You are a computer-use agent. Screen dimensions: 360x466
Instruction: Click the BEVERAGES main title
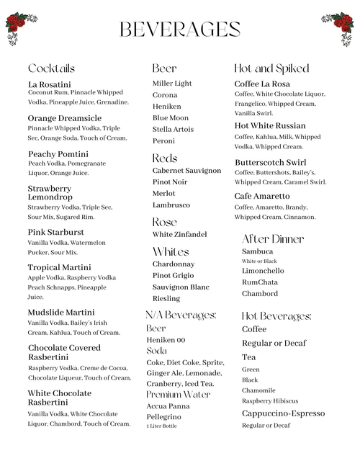(x=179, y=30)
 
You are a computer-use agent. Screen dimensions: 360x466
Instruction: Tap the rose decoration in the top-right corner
(x=338, y=27)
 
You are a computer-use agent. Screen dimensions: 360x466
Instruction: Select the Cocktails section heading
(x=51, y=68)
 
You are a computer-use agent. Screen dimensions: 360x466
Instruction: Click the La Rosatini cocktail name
(x=50, y=84)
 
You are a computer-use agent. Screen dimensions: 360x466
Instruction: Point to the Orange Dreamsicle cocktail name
(x=65, y=118)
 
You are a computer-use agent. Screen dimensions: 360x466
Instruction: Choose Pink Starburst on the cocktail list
(x=56, y=232)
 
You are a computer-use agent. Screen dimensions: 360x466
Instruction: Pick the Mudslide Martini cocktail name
(x=61, y=312)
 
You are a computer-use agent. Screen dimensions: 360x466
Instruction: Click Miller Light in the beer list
(x=172, y=84)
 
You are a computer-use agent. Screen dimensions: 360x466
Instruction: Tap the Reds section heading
(x=165, y=158)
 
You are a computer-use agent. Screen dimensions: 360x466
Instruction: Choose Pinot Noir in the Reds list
(x=170, y=182)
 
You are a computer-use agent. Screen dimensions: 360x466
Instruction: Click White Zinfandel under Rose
(x=179, y=234)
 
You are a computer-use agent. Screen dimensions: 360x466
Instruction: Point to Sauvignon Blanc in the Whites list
(x=181, y=287)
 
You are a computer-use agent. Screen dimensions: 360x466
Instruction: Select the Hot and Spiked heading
(x=271, y=68)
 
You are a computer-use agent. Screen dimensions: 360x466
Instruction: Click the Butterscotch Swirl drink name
(x=270, y=162)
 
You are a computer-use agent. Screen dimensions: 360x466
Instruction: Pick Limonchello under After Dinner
(x=263, y=271)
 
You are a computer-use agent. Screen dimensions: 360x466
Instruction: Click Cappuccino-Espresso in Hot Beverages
(x=283, y=413)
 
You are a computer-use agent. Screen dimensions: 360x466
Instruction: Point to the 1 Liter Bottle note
(x=161, y=426)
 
